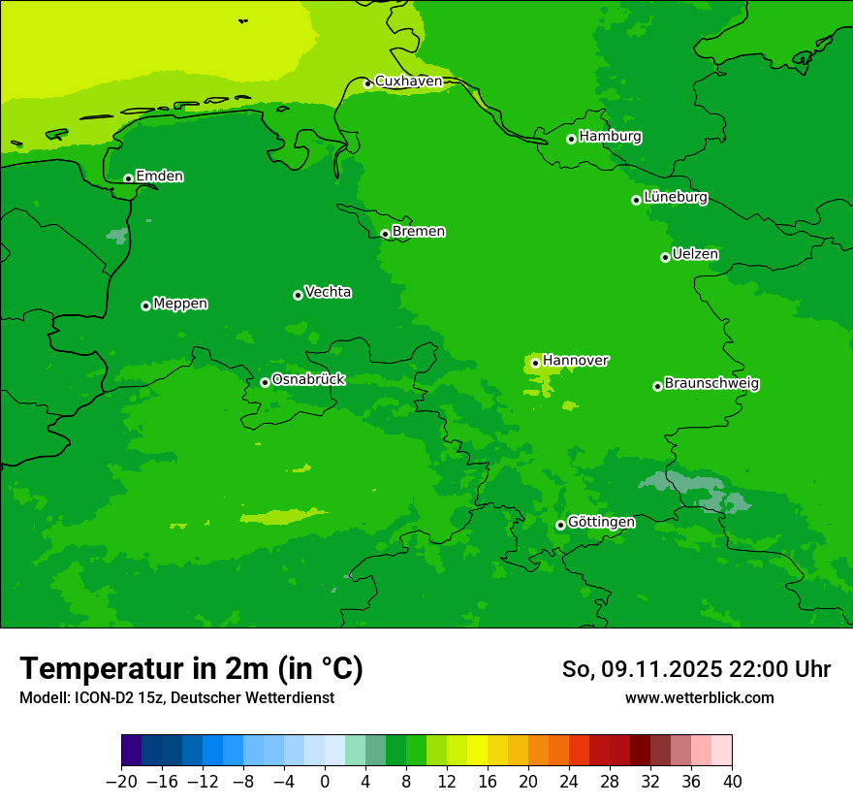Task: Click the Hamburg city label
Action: [x=610, y=137]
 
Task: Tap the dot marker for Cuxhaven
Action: [x=367, y=83]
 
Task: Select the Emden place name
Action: [x=159, y=177]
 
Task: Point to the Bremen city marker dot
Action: [x=385, y=234]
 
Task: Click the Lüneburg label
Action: [x=675, y=198]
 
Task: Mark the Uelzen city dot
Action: [x=665, y=257]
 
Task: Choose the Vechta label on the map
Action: [x=328, y=292]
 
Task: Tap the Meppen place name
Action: [x=180, y=304]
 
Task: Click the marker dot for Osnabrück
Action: [x=265, y=382]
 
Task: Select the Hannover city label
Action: [x=575, y=361]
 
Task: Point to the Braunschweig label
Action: [x=711, y=384]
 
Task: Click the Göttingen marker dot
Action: [x=560, y=525]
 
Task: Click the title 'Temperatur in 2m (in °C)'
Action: [x=191, y=669]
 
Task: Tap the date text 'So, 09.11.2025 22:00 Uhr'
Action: [x=696, y=669]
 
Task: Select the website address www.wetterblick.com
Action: [x=699, y=698]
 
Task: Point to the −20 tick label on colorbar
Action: [x=121, y=782]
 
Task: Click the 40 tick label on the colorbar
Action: [x=732, y=782]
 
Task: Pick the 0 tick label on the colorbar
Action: [x=325, y=782]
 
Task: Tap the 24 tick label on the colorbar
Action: [x=569, y=782]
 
